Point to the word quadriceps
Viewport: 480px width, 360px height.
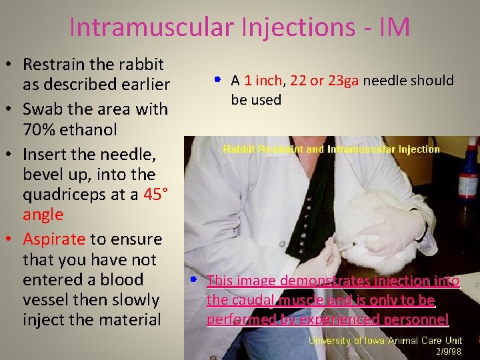pos(61,195)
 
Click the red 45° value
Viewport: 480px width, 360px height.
pos(145,195)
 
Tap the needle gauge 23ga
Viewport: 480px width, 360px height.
pos(343,81)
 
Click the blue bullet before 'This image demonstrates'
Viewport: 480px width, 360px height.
pos(191,279)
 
